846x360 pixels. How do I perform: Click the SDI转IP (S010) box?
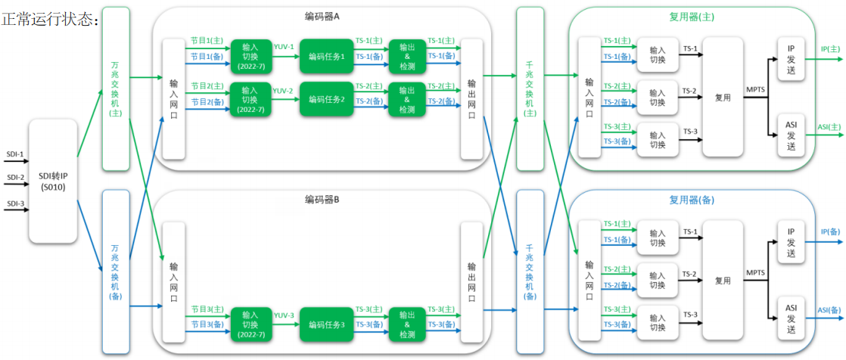(53, 182)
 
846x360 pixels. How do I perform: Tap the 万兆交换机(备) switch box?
(116, 272)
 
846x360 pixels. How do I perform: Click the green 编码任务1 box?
(327, 56)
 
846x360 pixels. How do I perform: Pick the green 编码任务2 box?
(327, 99)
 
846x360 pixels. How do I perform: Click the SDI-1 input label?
(15, 155)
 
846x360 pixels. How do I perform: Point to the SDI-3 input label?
(15, 203)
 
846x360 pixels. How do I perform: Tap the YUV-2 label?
(284, 91)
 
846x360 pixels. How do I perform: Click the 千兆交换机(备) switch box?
(530, 272)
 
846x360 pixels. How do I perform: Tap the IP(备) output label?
(830, 231)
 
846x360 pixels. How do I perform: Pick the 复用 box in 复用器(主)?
(723, 98)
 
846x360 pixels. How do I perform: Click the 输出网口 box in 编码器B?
(471, 282)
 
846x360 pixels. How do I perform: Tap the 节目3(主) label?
(207, 309)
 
